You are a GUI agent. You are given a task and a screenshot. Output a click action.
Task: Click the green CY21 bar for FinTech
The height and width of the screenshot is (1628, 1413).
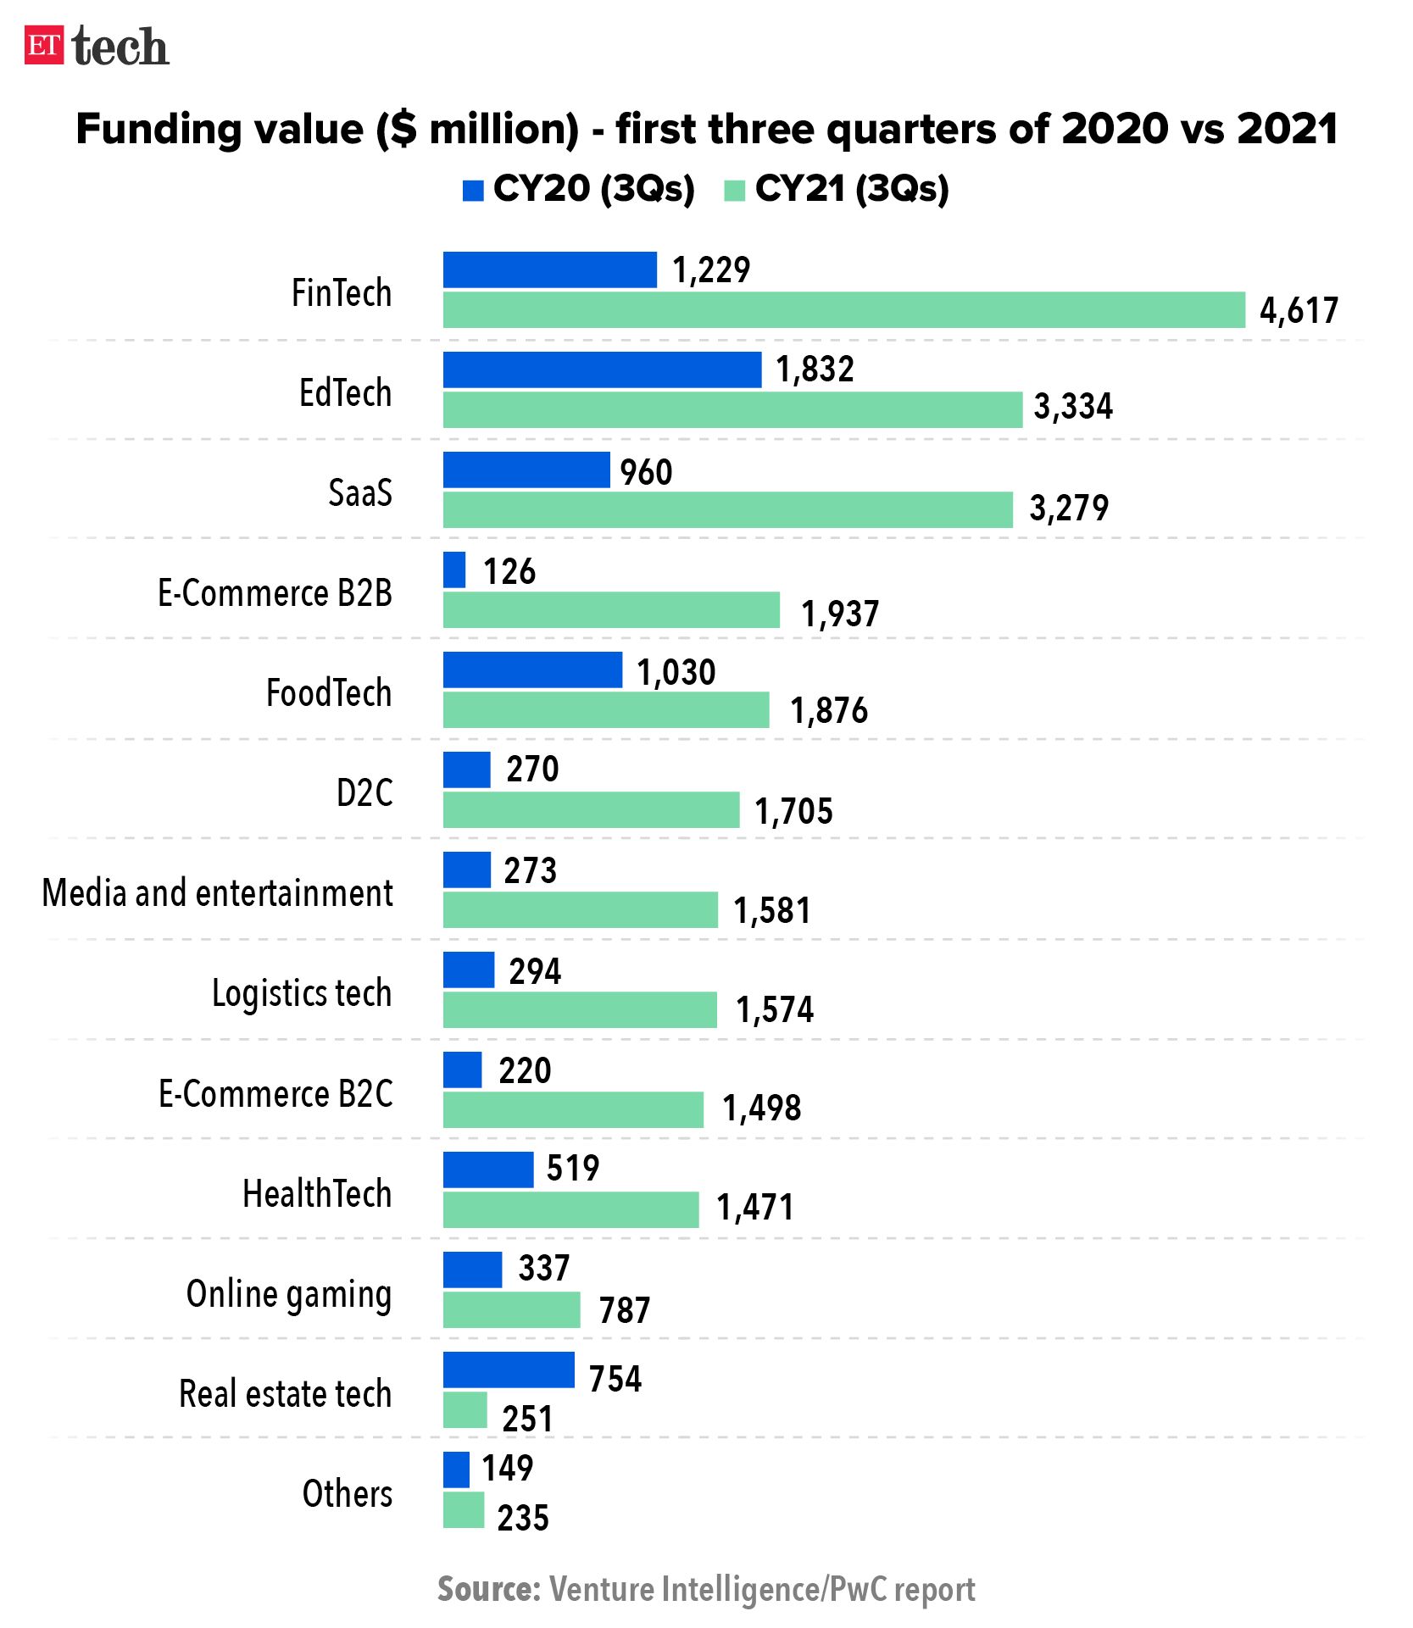pos(843,310)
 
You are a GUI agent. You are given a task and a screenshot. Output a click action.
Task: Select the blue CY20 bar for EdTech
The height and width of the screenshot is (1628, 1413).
pos(602,370)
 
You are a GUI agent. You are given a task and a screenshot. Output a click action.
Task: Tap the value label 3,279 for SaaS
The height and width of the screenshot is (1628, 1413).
pos(1068,508)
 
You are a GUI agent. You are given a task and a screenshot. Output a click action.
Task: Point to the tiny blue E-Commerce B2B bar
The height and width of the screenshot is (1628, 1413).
pos(454,570)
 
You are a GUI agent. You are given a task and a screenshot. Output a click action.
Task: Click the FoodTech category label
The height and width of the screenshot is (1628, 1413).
pos(329,693)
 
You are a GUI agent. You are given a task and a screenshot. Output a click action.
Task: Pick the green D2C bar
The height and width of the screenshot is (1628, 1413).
pos(591,810)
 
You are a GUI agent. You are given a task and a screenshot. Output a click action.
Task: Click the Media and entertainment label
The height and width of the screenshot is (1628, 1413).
pos(218,893)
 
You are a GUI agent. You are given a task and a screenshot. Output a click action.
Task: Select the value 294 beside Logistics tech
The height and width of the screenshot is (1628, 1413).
pos(535,971)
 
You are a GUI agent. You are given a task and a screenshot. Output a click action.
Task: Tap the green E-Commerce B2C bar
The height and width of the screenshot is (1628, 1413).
pos(573,1110)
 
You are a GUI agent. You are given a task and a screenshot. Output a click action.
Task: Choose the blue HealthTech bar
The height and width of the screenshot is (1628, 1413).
pos(488,1170)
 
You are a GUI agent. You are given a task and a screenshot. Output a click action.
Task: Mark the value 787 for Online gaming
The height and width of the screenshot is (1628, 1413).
pos(624,1311)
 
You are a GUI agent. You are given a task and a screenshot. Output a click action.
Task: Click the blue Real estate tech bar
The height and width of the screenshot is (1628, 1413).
pos(509,1370)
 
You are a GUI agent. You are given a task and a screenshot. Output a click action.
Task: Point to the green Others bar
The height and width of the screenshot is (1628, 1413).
pos(464,1511)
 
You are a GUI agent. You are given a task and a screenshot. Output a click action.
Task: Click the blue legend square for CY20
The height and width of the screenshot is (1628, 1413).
pos(473,191)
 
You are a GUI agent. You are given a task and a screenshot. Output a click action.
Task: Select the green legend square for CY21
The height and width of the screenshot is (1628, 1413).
pos(735,191)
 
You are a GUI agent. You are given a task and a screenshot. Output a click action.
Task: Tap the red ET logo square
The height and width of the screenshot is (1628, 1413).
pos(44,45)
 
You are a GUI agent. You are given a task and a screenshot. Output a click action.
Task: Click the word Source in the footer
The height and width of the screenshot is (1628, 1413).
pos(488,1589)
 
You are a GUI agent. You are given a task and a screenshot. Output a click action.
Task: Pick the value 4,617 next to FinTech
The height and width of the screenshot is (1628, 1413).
pos(1299,311)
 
